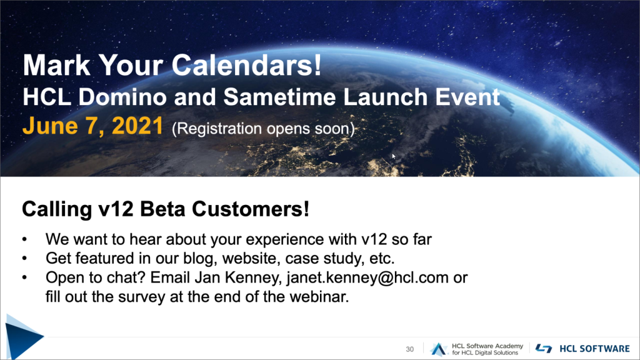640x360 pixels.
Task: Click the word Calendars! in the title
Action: [246, 65]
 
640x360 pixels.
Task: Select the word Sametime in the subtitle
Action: [279, 97]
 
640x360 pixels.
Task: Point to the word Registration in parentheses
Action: [217, 129]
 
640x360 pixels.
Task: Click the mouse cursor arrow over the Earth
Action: [394, 156]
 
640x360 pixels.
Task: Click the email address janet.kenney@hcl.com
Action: [367, 277]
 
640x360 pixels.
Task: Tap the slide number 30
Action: [410, 349]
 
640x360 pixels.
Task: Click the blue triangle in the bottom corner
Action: [22, 337]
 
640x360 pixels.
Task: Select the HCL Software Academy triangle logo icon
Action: [439, 349]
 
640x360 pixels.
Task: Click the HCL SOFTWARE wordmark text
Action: [594, 349]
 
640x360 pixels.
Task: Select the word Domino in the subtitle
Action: [122, 97]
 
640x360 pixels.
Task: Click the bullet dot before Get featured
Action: [24, 259]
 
